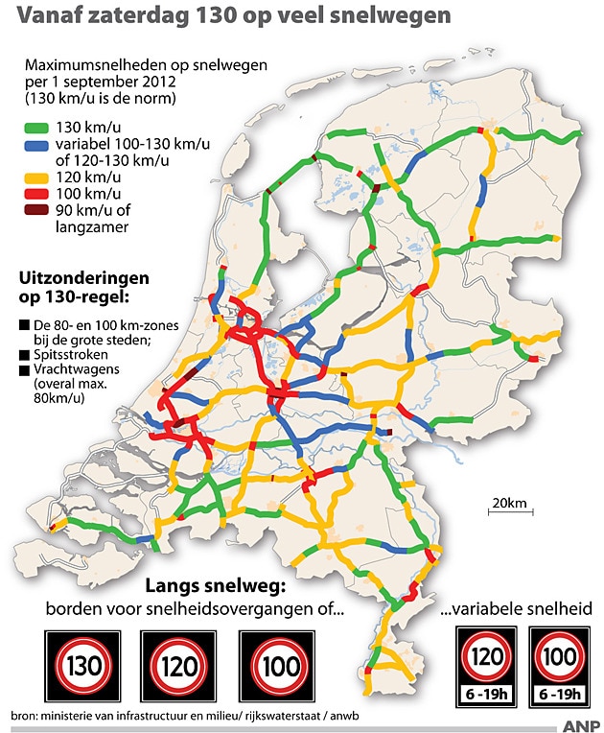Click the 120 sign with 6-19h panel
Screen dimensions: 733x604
click(x=486, y=664)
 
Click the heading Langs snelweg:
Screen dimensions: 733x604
click(x=216, y=585)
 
